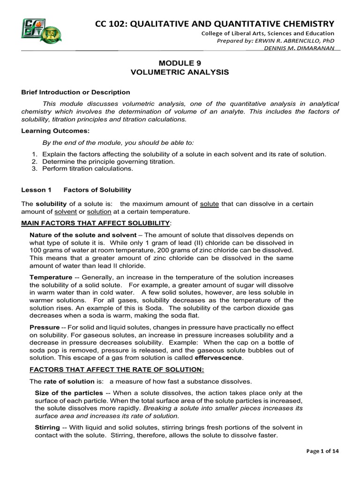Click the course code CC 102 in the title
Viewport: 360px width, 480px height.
[x=112, y=23]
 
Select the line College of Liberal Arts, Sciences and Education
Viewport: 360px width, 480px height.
[x=268, y=33]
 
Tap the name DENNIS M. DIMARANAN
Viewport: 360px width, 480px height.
[x=300, y=48]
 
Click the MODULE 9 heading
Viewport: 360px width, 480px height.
[x=180, y=63]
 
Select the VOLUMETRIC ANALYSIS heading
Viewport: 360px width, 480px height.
[x=180, y=72]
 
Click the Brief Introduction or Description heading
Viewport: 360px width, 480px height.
[x=75, y=92]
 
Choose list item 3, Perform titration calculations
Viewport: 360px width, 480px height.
[x=88, y=169]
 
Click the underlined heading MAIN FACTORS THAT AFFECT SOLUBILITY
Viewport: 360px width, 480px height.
[x=96, y=222]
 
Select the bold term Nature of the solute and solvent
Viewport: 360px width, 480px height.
[x=83, y=234]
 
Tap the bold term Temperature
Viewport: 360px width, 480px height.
[x=51, y=277]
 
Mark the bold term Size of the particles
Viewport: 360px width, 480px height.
[x=69, y=393]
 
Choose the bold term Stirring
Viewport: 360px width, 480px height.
[x=47, y=427]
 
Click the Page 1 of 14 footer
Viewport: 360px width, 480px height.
[x=322, y=451]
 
